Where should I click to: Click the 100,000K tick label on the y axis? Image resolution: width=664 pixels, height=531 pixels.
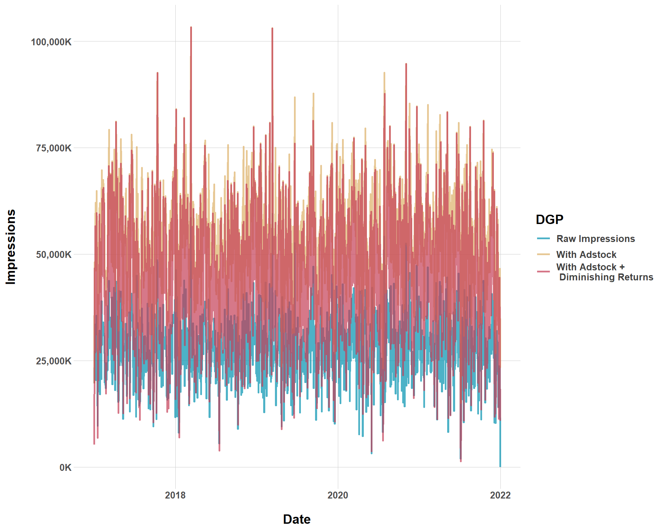pos(51,42)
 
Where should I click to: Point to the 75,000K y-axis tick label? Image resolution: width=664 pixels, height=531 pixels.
pos(54,148)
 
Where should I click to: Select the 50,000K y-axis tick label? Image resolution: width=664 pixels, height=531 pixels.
pos(54,255)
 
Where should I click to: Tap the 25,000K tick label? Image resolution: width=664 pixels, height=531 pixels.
pos(54,361)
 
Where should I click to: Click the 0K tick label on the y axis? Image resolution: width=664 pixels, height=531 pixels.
pos(65,468)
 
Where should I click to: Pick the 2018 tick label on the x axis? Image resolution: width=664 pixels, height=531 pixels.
pos(175,495)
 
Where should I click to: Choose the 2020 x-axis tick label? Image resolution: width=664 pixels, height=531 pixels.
pos(338,495)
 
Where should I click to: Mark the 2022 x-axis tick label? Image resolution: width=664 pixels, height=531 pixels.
pos(500,495)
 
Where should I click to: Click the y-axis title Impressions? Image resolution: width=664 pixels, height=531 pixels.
pos(11,247)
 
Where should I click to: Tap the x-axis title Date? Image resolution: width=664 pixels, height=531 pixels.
pos(297,519)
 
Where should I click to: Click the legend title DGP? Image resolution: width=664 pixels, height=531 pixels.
pos(550,220)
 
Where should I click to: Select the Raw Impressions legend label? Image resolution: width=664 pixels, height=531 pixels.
pos(596,239)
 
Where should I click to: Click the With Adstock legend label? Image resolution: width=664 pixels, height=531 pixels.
pos(586,255)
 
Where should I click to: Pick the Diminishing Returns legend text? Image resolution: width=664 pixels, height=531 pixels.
pos(606,277)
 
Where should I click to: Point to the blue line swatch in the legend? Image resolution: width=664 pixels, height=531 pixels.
pos(543,239)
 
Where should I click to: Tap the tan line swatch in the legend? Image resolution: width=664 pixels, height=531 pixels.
pos(543,254)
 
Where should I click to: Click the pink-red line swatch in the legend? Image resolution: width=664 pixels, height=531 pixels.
pos(543,272)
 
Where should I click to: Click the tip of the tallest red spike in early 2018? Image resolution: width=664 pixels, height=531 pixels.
pos(191,27)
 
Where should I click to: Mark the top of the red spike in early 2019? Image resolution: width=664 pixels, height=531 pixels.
pos(272,28)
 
